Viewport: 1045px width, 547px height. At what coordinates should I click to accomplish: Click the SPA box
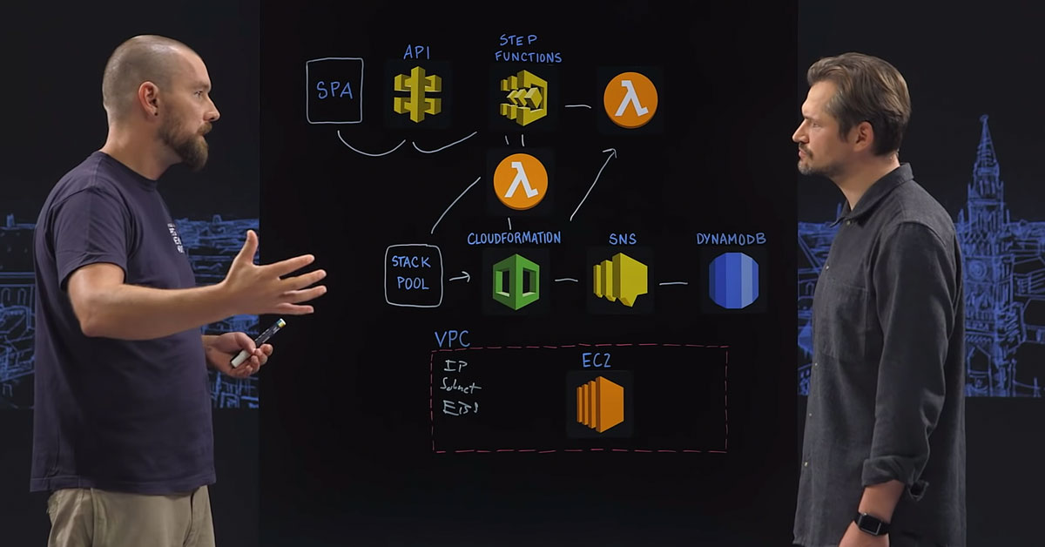(334, 91)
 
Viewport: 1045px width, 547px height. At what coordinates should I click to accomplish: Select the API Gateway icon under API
(417, 94)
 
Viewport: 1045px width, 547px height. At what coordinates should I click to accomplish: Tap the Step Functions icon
(523, 98)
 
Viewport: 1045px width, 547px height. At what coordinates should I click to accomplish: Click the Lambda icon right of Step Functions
(630, 100)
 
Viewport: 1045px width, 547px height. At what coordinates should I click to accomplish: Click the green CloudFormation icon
(516, 281)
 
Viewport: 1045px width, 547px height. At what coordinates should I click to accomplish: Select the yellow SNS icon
(619, 280)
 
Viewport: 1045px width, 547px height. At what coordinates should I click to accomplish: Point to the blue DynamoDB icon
(733, 280)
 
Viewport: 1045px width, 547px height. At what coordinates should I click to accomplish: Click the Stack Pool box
(414, 276)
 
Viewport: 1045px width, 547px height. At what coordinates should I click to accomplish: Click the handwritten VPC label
(452, 339)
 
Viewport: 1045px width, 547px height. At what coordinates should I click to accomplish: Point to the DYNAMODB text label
(731, 239)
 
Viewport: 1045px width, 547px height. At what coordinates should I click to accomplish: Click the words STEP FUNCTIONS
(528, 49)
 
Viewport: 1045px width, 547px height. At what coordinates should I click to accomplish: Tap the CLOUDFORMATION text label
(514, 238)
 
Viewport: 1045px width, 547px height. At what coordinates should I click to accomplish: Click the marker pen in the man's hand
(258, 342)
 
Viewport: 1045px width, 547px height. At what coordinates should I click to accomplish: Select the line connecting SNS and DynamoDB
(673, 283)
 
